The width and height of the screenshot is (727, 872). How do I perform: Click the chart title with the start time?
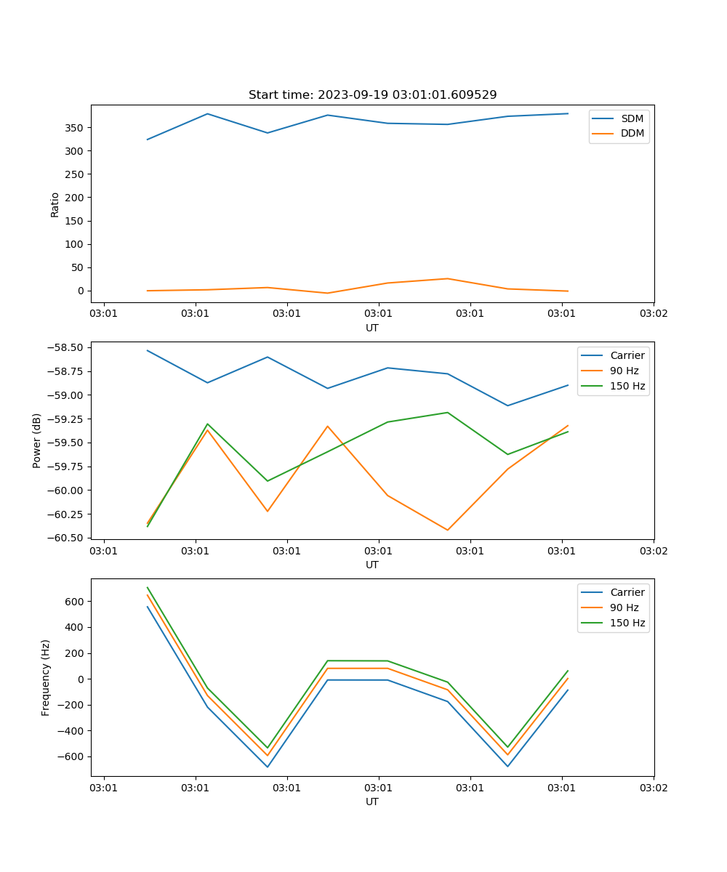coord(372,94)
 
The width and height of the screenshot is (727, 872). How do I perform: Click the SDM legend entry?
coord(632,118)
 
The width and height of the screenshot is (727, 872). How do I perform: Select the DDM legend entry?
coord(632,133)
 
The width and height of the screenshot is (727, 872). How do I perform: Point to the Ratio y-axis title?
coord(55,204)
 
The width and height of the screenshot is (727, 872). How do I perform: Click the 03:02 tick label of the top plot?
coord(653,314)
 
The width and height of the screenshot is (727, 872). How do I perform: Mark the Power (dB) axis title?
coord(36,440)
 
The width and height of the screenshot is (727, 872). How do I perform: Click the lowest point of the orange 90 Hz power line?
coord(447,530)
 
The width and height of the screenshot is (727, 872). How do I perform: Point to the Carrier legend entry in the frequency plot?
coord(627,592)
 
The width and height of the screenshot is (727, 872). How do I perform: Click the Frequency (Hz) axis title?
coord(45,677)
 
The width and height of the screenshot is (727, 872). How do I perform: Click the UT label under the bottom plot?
coord(372,802)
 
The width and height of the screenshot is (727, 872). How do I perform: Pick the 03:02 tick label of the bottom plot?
coord(653,788)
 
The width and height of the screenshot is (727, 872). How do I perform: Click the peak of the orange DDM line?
coord(447,278)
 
